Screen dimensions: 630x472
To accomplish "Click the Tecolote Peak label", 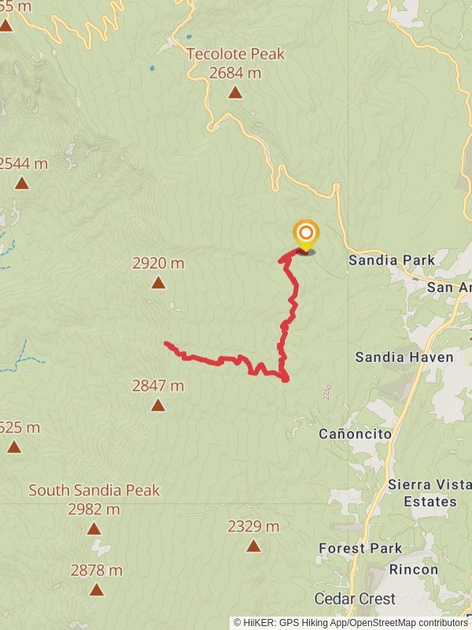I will tap(235, 54).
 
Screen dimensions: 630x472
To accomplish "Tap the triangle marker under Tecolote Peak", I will tap(235, 93).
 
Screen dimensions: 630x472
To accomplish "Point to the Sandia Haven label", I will tap(404, 358).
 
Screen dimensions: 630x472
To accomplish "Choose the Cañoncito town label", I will tap(355, 434).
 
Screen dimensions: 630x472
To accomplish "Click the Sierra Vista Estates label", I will tap(422, 493).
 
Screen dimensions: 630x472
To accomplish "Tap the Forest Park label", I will tap(360, 548).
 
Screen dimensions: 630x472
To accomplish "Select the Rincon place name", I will tap(413, 569).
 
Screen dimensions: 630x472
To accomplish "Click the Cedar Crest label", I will tap(355, 598).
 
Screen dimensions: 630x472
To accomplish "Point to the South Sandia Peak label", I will tap(94, 491).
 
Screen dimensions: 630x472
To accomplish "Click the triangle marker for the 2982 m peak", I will tap(94, 529).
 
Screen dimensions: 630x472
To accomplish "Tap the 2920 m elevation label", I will tap(158, 264).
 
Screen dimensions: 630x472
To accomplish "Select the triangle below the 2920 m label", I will tap(158, 283).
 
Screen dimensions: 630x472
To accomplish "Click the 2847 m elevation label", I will tap(158, 386).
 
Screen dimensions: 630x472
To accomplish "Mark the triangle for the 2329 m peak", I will tap(253, 546).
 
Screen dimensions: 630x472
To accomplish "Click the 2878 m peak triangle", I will tap(96, 589).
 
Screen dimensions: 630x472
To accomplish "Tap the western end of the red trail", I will tap(166, 343).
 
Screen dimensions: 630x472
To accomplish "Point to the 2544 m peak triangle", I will tap(21, 183).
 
